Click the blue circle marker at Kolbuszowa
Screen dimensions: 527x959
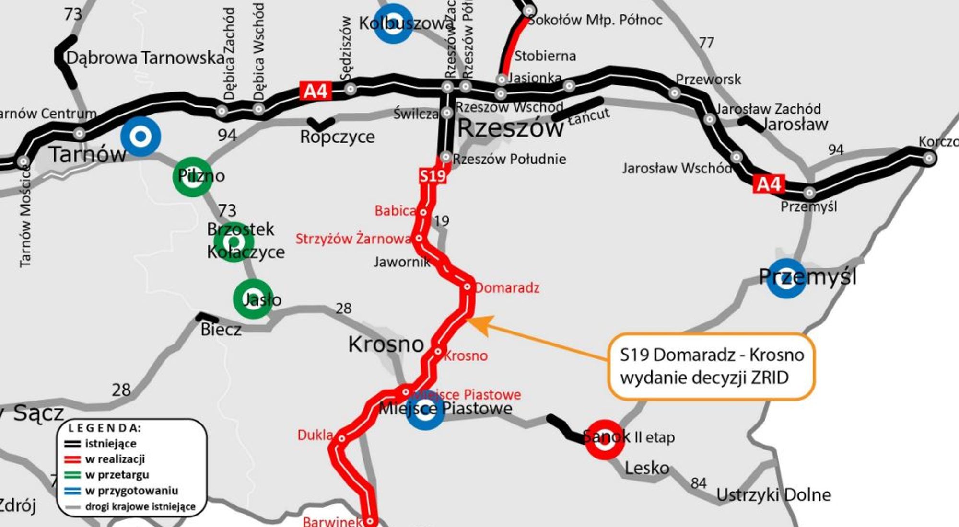393,23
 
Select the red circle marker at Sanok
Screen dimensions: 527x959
605,439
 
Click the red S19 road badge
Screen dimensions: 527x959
433,176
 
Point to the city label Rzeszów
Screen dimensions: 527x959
510,128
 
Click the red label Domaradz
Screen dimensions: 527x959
507,287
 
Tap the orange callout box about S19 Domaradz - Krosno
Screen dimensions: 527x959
711,367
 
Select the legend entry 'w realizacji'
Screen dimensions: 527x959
115,459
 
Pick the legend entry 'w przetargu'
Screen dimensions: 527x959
117,475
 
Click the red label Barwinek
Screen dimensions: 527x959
332,521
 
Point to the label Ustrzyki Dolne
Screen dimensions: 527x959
773,495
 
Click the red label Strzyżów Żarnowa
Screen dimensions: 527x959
353,239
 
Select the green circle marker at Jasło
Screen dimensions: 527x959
253,299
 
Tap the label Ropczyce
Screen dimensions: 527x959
337,137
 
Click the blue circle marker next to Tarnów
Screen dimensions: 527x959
140,137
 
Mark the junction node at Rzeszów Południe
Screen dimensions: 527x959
446,157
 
